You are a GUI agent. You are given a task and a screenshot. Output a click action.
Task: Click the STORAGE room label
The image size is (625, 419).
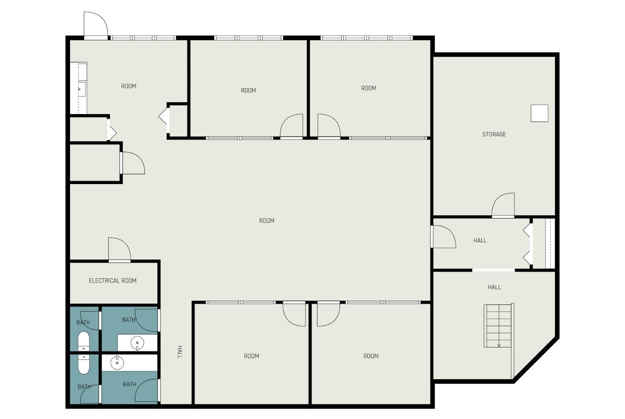point(494,134)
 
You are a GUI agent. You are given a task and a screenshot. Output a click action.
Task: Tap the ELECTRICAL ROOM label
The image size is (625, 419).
point(113,281)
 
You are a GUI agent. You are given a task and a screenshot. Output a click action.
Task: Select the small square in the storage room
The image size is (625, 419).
point(539,113)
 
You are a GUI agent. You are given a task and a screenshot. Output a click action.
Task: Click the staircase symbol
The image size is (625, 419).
point(499,326)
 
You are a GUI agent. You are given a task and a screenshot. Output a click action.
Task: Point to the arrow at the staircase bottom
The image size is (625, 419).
point(499,345)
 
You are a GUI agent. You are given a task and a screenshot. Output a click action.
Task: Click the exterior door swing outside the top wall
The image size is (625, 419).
point(96,24)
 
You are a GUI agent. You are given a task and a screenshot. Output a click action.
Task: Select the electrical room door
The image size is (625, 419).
point(120,249)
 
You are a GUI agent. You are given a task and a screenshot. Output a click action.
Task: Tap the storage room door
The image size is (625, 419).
point(503,205)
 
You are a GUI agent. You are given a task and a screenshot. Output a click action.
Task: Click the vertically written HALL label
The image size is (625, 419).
point(180,352)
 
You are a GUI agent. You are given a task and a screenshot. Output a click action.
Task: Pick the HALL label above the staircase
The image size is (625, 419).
point(494,287)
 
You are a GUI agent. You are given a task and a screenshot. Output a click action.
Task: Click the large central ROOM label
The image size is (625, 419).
point(267,221)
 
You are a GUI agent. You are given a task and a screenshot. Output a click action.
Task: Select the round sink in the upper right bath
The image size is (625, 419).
point(137,343)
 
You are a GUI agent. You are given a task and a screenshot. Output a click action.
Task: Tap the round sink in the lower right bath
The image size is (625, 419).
point(117,363)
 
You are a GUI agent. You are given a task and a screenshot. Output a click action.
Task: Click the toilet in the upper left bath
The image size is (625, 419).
point(83,341)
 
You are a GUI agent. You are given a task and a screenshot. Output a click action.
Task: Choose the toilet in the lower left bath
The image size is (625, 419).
point(83,364)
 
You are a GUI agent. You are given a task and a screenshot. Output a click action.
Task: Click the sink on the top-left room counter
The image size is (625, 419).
point(82,89)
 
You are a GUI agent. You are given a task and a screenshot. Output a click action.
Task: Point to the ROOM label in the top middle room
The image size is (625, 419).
point(248,90)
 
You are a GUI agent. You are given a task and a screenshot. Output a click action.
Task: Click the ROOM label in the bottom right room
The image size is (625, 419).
point(371,356)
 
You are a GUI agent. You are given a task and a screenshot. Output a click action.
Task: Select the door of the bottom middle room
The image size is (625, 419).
point(294,314)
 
